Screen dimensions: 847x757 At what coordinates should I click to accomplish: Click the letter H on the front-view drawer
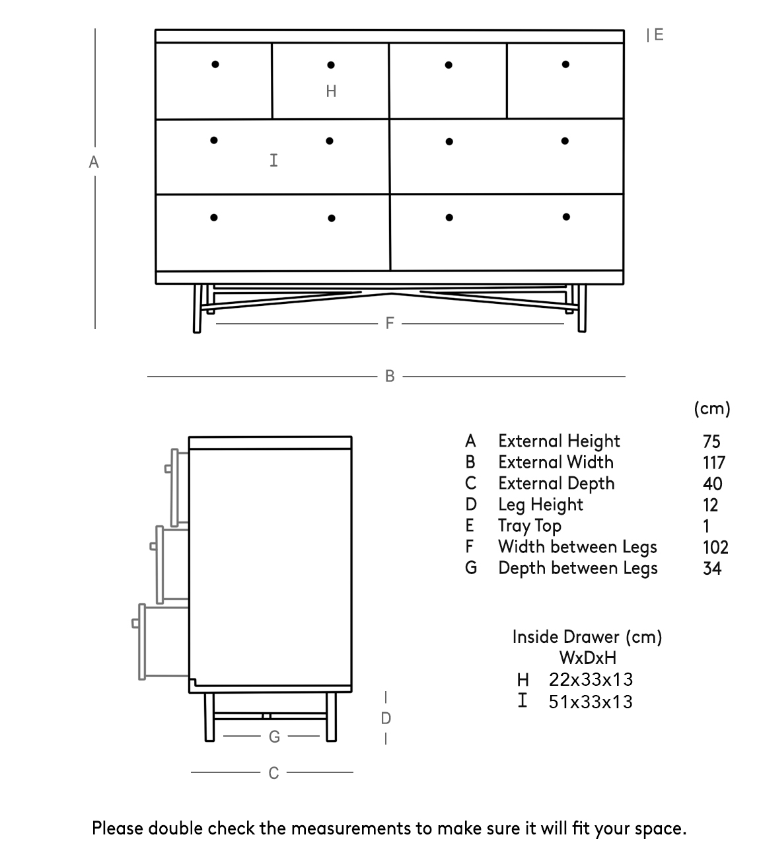[x=331, y=91]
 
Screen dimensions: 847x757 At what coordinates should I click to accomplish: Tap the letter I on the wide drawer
[x=273, y=160]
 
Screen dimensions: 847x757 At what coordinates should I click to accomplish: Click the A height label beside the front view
[x=94, y=162]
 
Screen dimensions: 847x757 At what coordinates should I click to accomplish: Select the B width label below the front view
[x=390, y=376]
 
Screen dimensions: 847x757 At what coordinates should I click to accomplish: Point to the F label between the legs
[x=390, y=323]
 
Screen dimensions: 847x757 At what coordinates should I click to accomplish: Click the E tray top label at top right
[x=658, y=35]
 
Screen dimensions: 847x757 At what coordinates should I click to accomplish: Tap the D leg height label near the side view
[x=386, y=718]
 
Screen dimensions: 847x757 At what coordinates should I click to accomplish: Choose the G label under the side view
[x=275, y=737]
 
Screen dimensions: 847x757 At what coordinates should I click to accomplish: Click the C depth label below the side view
[x=273, y=772]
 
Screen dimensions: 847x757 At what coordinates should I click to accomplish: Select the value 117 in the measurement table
[x=714, y=462]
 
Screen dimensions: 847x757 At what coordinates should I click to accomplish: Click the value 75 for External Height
[x=711, y=441]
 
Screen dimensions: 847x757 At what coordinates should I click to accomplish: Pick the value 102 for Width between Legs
[x=715, y=547]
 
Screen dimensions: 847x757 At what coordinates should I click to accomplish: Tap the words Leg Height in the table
[x=540, y=505]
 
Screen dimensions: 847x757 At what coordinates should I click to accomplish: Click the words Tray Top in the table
[x=529, y=526]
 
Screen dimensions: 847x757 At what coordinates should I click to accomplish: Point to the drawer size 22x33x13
[x=591, y=679]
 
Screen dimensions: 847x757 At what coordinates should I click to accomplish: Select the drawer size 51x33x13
[x=591, y=702]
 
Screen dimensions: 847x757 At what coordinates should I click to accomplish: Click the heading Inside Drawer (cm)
[x=587, y=637]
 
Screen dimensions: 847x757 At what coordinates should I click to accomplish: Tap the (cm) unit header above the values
[x=712, y=408]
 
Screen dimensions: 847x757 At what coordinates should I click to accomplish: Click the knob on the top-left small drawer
[x=215, y=64]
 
